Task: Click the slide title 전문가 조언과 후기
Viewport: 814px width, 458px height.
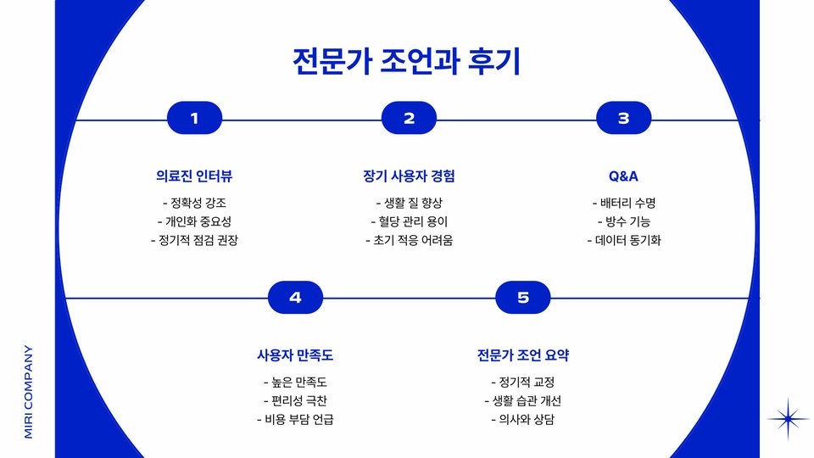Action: pos(406,63)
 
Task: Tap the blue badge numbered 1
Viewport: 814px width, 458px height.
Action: pos(195,119)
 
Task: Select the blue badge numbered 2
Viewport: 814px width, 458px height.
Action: pos(409,119)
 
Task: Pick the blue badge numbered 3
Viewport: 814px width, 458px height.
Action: pos(623,119)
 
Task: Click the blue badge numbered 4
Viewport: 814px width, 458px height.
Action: pos(295,298)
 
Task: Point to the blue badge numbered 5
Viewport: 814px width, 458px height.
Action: pos(523,298)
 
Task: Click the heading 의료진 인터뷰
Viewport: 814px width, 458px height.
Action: pos(194,176)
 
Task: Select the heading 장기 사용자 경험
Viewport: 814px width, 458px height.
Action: pos(409,176)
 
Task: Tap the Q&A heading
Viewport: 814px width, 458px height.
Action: pos(623,176)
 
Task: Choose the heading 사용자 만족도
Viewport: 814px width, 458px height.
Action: pos(295,355)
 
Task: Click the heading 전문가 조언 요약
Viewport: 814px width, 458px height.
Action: pos(523,355)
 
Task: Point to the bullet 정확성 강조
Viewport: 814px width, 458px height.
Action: pos(194,204)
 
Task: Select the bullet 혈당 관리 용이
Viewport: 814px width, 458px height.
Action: pos(409,222)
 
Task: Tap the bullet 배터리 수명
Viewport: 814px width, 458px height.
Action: pos(623,204)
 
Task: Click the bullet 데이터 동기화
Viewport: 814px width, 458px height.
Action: pos(623,240)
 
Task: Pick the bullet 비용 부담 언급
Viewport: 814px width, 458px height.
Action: pos(295,419)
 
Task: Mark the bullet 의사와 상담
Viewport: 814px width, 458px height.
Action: pos(523,419)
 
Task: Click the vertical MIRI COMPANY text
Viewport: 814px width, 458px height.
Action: pos(28,391)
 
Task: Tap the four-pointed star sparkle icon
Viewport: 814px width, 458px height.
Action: pos(789,418)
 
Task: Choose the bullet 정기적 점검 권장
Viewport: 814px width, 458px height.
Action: pos(194,240)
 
